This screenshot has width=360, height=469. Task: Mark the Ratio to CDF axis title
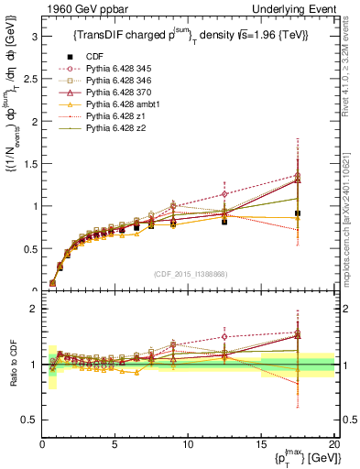12,365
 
